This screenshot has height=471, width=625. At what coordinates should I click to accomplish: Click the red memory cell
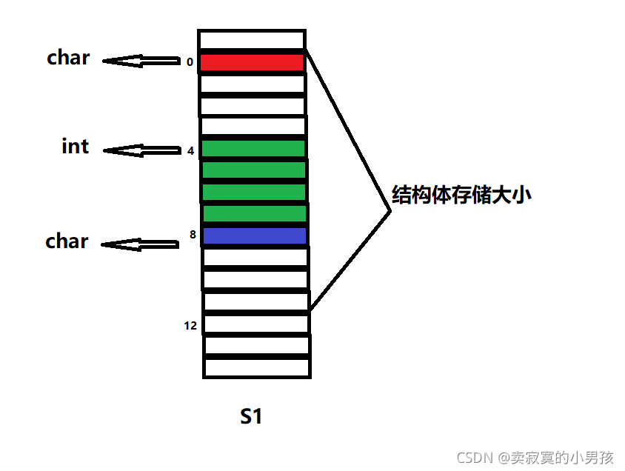coord(253,62)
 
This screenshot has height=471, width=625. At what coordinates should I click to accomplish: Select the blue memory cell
coord(255,235)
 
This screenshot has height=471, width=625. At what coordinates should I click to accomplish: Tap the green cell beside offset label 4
coord(253,149)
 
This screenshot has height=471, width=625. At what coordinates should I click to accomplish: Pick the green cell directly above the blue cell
coord(255,214)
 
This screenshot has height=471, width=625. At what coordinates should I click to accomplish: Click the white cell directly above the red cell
coord(252,40)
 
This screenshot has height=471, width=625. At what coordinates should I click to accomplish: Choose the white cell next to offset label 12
coord(256,324)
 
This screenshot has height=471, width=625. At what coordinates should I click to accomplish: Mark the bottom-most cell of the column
coord(257,367)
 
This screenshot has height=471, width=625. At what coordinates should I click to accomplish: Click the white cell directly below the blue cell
coord(255,258)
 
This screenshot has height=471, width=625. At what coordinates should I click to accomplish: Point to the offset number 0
coord(190,62)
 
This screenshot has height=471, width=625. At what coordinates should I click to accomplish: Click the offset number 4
coord(190,151)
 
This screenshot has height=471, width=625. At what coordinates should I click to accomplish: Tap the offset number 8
coord(193,235)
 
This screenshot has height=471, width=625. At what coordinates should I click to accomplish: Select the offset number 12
coord(190,325)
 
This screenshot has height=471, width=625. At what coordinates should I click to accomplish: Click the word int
coord(75,146)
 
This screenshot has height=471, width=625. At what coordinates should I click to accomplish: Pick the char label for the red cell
coord(68,58)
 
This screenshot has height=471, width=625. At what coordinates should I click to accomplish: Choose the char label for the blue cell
coord(67,241)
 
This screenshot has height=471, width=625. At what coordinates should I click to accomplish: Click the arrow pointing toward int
coord(141,150)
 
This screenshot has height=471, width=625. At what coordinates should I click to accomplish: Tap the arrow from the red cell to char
coord(141,61)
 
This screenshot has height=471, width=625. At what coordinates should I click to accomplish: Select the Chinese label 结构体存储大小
coord(462,196)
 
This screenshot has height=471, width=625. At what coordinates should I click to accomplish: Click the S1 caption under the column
coord(251,417)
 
